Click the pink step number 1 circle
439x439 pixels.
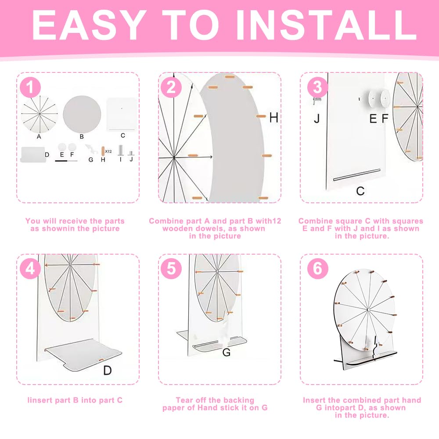point(31,87)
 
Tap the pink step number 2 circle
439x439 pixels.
point(171,87)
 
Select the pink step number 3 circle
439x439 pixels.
point(317,87)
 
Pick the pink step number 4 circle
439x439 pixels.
point(31,269)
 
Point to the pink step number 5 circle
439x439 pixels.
point(171,269)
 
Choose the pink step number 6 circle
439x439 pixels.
point(317,269)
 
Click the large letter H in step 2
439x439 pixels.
point(273,118)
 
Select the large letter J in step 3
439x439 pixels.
point(317,119)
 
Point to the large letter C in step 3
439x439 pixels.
point(360,191)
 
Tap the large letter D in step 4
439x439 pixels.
point(108,371)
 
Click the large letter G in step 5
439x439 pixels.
point(227,352)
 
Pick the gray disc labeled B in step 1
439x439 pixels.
point(82,114)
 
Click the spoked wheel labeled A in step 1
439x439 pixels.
point(40,114)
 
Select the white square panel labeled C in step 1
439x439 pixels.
point(122,114)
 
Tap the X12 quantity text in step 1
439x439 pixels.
point(108,151)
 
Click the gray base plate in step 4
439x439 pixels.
point(83,354)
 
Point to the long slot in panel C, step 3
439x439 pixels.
point(357,175)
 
